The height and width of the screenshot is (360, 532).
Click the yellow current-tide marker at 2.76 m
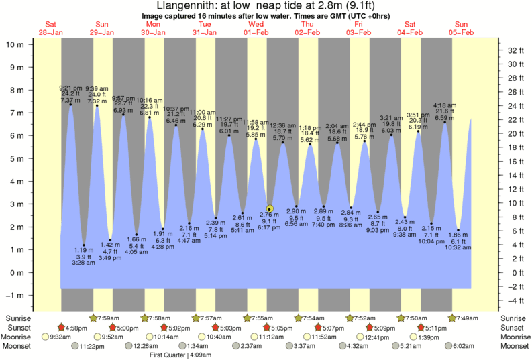pyautogui.click(x=270, y=208)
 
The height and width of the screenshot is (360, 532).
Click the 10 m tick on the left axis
pyautogui.click(x=15, y=44)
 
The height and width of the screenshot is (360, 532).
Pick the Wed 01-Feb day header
pyautogui.click(x=256, y=29)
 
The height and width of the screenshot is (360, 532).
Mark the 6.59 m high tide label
pyautogui.click(x=444, y=119)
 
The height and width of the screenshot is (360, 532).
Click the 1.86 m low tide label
pyautogui.click(x=458, y=235)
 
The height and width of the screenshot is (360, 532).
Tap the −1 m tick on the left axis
pyautogui.click(x=15, y=295)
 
